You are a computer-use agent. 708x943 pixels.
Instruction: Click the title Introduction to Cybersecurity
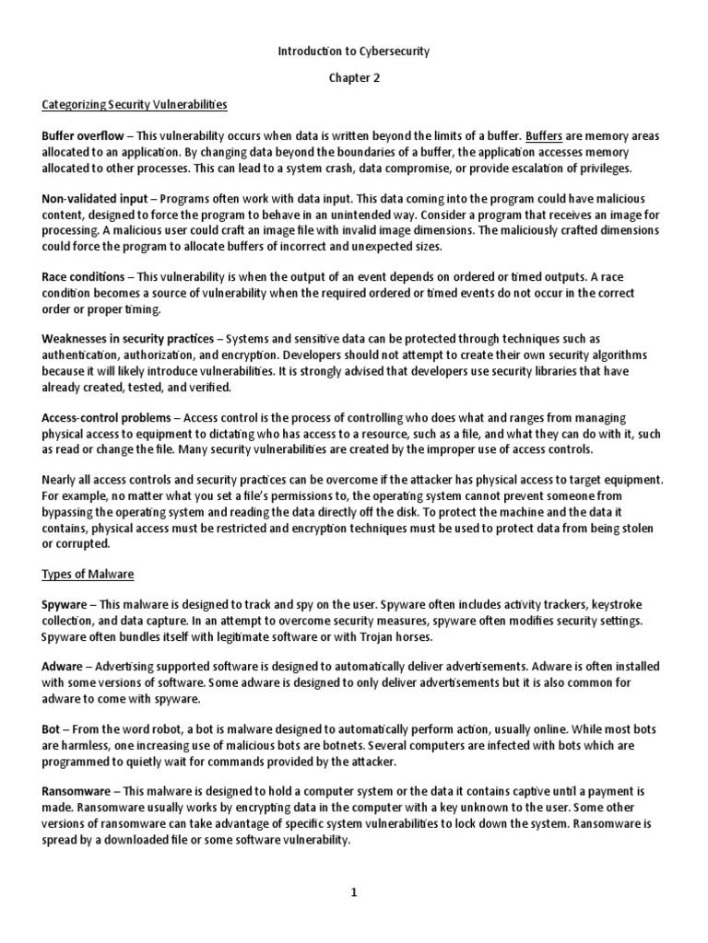pos(354,52)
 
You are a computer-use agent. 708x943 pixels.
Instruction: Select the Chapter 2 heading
pos(354,78)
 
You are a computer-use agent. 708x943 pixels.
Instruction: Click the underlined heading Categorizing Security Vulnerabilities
pos(135,104)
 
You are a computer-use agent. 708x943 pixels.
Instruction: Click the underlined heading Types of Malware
pos(88,575)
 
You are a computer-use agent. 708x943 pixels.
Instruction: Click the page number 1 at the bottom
pos(354,892)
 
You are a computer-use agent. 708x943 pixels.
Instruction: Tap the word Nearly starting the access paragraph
pos(61,480)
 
